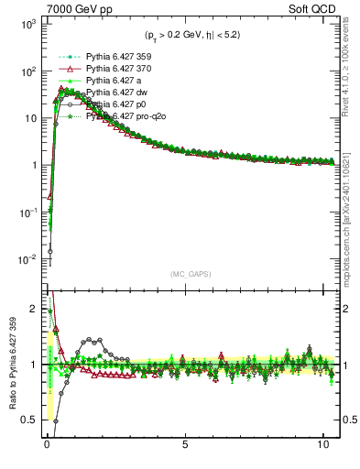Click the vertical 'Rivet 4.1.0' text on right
pos(351,64)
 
